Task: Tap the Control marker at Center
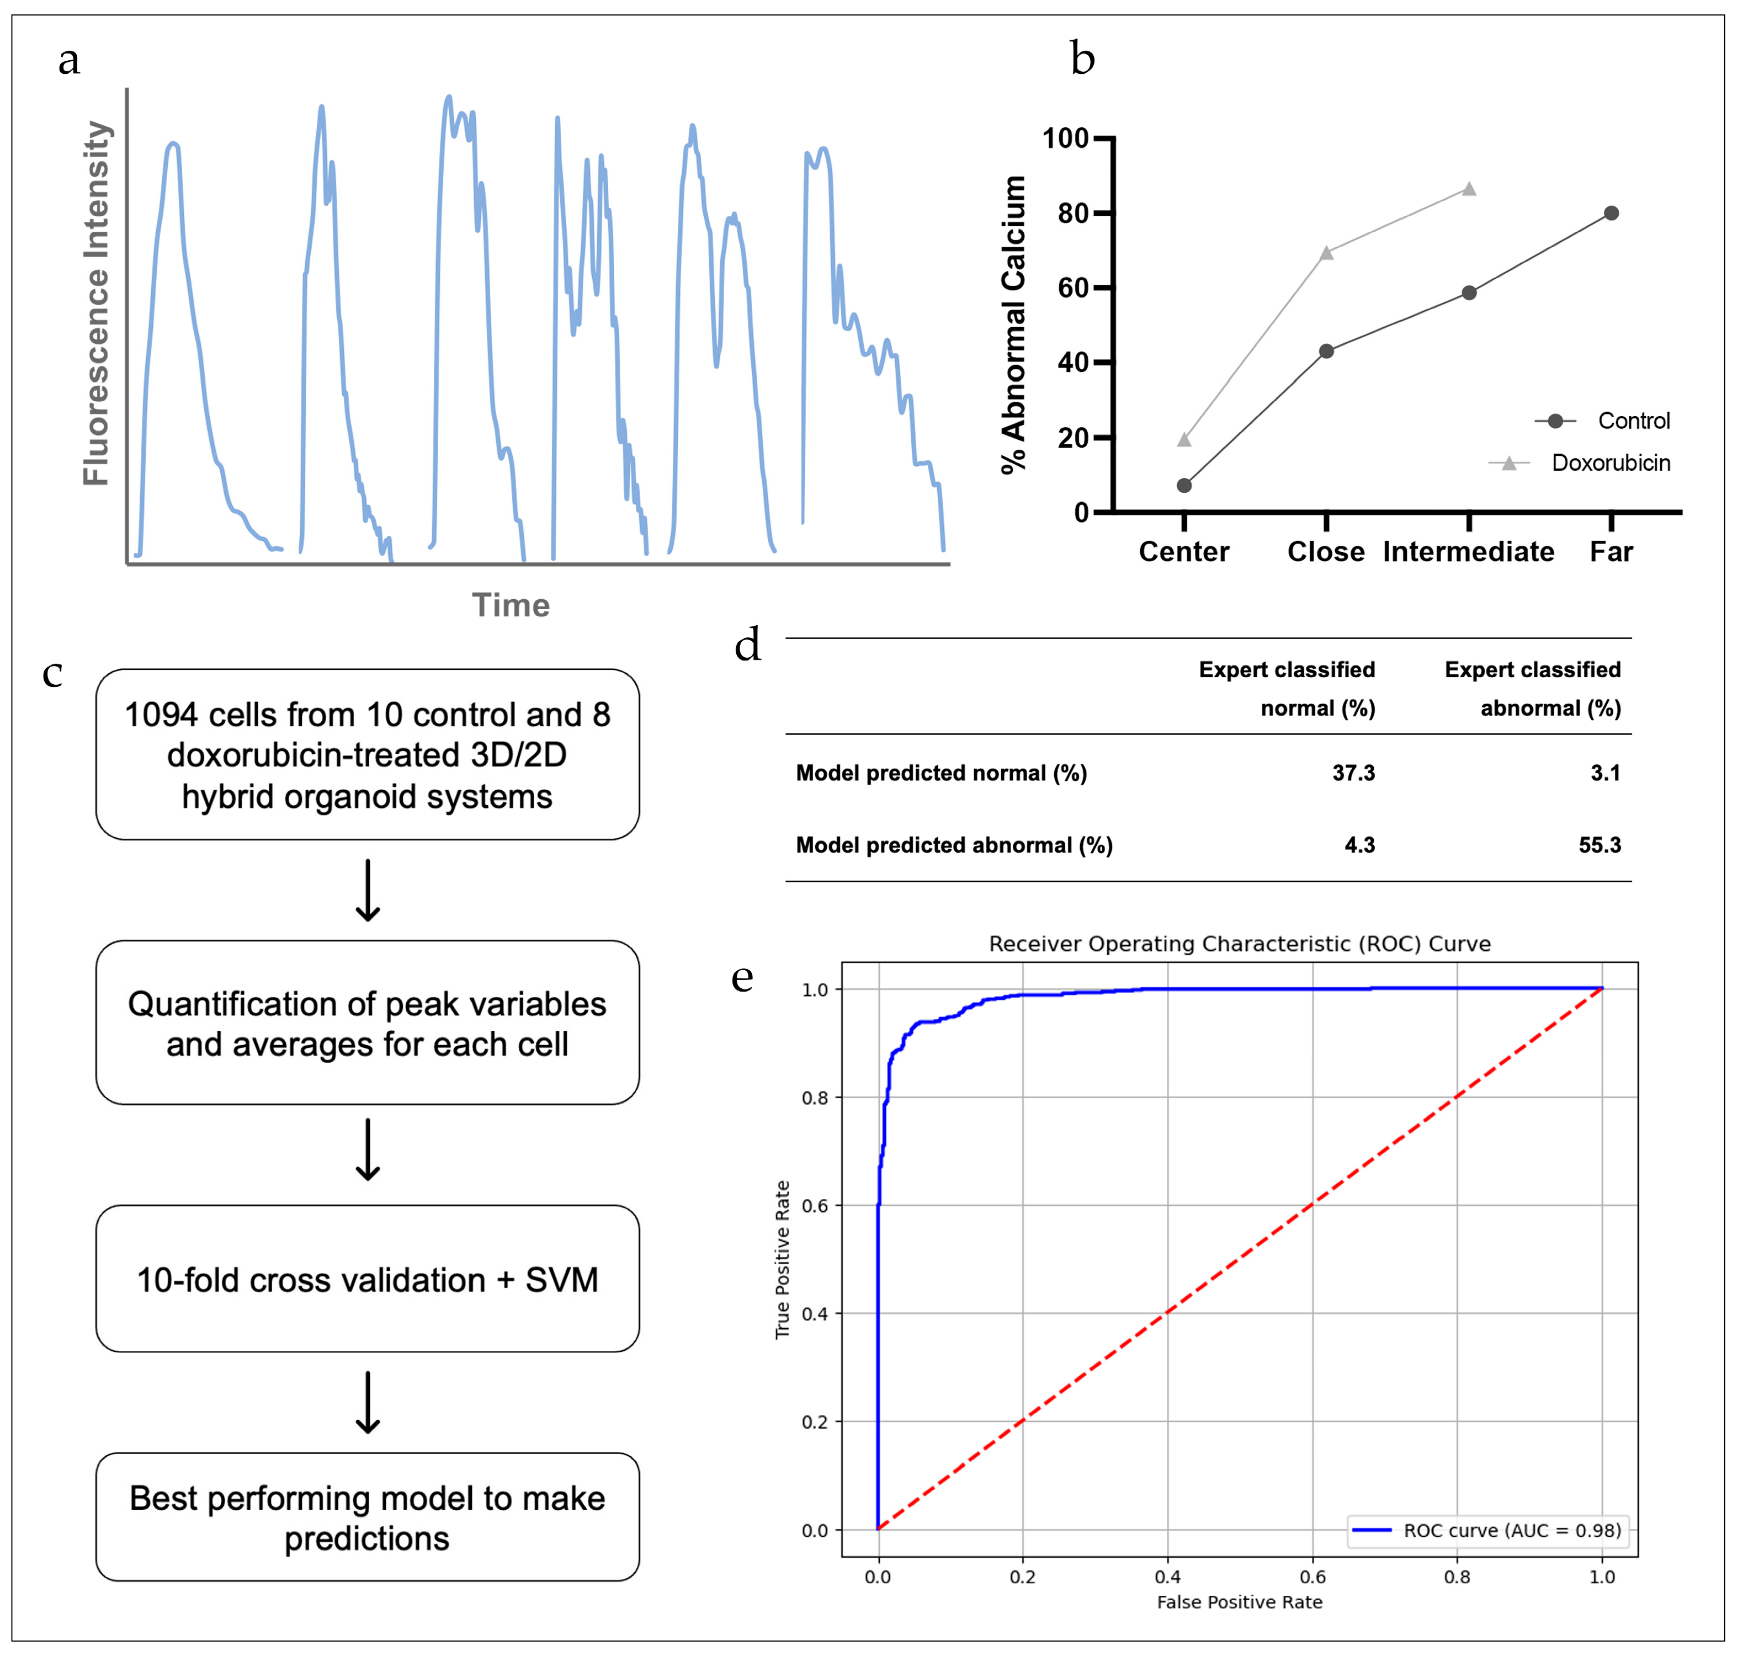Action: coord(1184,486)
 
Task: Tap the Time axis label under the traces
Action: coord(511,605)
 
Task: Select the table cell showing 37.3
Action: coord(1353,773)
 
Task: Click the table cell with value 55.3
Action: coord(1599,845)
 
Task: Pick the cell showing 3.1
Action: coord(1604,773)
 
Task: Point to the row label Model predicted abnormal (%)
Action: coord(954,845)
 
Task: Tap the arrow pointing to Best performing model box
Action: coord(368,1402)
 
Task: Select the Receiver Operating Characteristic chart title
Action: coord(1239,944)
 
